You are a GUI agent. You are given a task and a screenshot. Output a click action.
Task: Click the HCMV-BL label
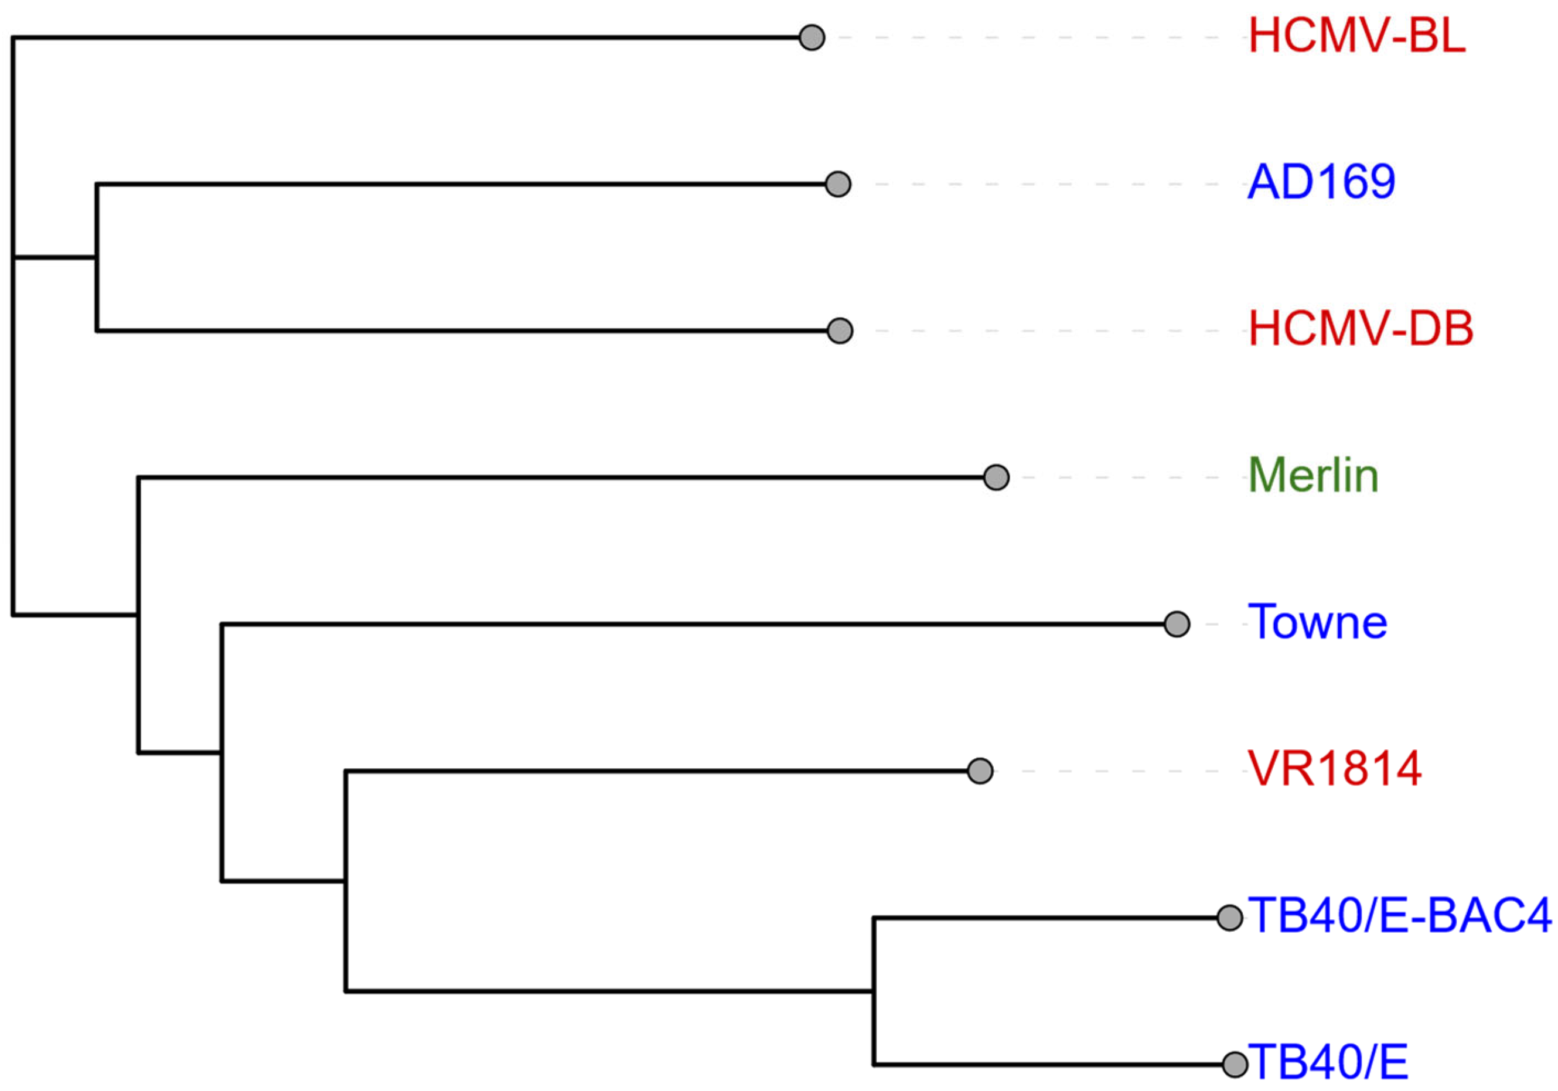tap(1357, 37)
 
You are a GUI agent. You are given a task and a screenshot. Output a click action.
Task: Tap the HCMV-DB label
tap(1361, 330)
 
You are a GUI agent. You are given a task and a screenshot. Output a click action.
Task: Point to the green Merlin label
tap(1313, 476)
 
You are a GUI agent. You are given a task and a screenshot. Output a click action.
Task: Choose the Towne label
tap(1317, 622)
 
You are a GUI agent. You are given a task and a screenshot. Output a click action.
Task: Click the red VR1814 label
tap(1334, 769)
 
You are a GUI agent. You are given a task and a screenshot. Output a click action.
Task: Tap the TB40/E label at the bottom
tap(1328, 1062)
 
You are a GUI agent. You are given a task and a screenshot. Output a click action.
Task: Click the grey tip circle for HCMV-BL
tap(812, 37)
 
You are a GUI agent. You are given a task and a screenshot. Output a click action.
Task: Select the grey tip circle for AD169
tap(838, 184)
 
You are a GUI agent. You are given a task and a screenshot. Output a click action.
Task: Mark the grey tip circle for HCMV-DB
tap(840, 331)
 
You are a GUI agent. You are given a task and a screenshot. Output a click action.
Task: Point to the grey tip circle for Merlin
tap(996, 478)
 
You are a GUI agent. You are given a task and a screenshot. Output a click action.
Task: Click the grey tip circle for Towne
tap(1177, 624)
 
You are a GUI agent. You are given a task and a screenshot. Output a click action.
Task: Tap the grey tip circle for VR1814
tap(980, 770)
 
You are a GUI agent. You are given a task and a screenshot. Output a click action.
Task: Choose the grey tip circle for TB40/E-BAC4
tap(1229, 918)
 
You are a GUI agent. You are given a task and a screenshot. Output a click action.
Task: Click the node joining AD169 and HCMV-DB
tap(97, 257)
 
